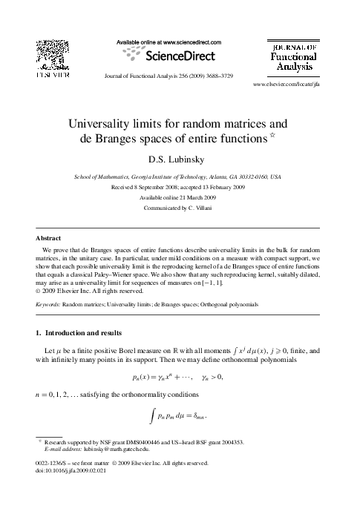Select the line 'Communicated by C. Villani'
point(179,208)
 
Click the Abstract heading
point(48,238)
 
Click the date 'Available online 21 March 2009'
point(179,198)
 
